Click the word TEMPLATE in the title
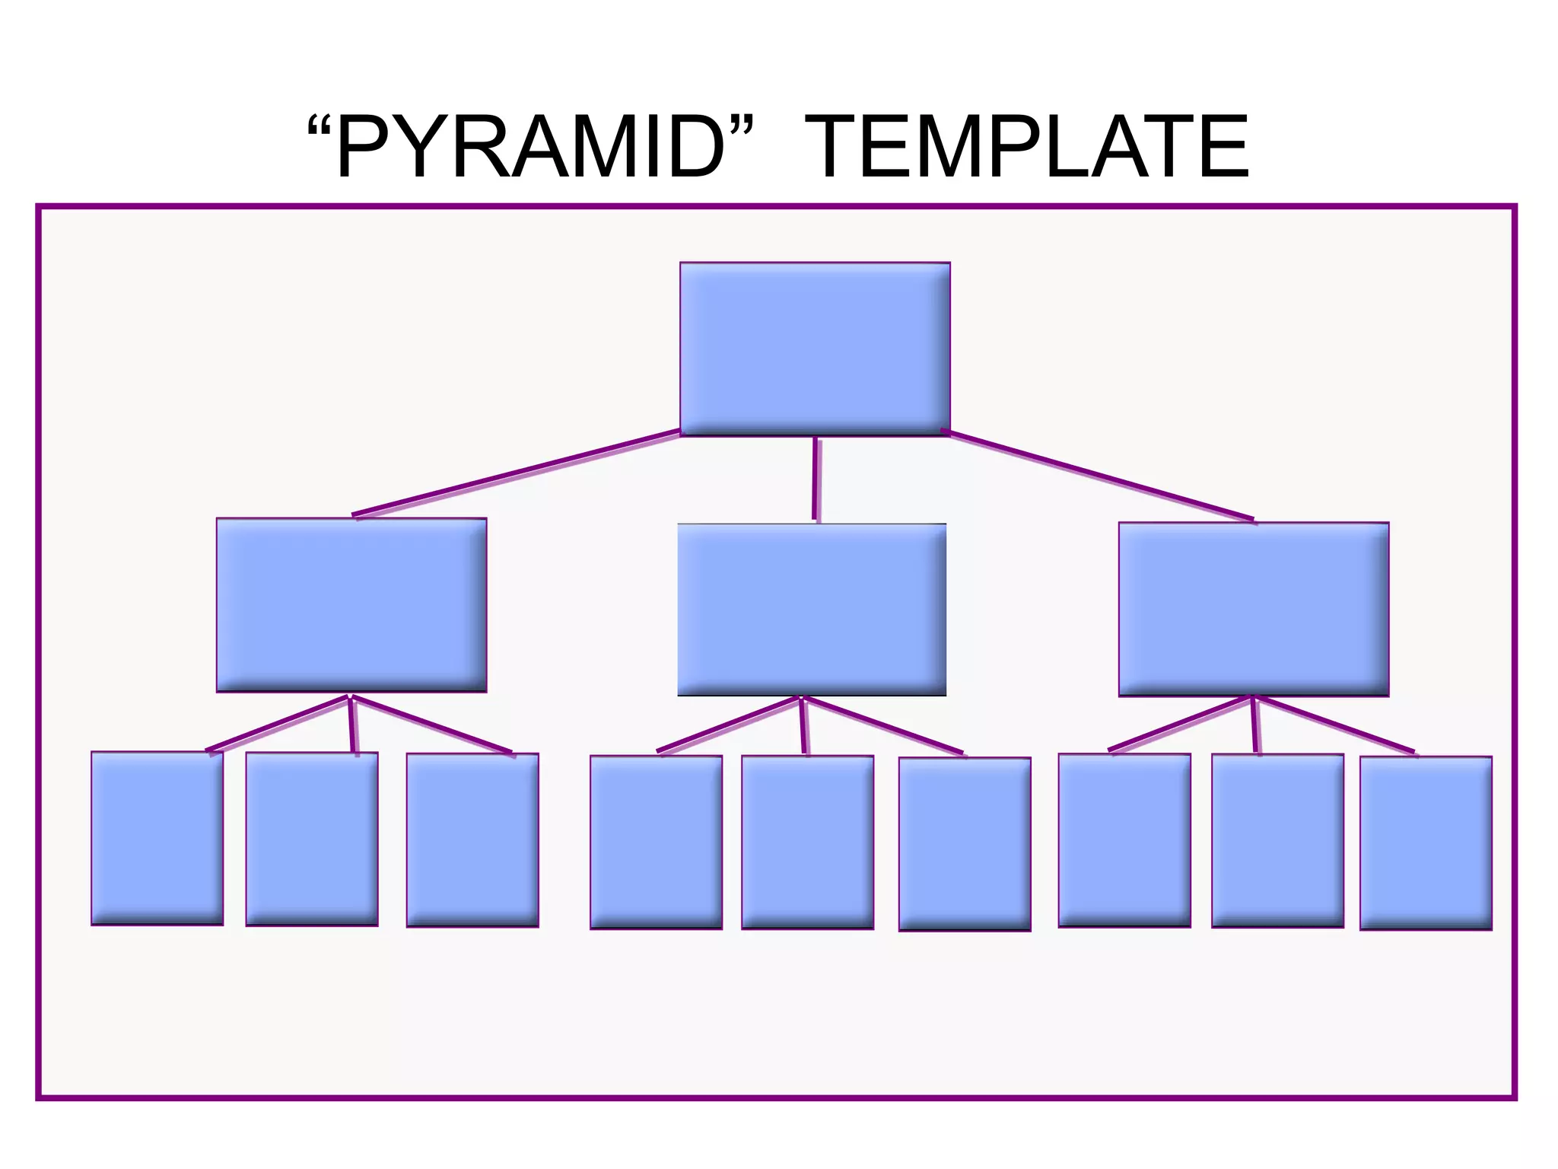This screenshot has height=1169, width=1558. [1026, 147]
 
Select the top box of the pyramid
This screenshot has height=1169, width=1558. [815, 349]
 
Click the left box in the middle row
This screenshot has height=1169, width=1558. [351, 605]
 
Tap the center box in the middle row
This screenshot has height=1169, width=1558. [812, 610]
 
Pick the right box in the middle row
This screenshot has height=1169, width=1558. [1254, 609]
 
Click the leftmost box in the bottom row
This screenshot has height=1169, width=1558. [157, 838]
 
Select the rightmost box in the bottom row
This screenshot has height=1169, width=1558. [1426, 843]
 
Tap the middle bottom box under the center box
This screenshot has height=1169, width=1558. [807, 842]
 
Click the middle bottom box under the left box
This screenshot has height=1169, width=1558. [312, 839]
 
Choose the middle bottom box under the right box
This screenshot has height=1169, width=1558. [1277, 840]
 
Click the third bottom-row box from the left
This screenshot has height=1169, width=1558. [472, 839]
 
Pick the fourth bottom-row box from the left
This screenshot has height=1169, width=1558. [656, 842]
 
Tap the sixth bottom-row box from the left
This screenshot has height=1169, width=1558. [965, 843]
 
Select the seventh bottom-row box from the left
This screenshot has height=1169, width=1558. [1124, 840]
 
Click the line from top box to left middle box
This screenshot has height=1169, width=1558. [517, 473]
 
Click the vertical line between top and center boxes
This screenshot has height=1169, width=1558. [816, 479]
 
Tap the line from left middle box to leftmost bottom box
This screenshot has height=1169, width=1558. [278, 724]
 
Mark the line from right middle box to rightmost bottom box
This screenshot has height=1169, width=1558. [1335, 724]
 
